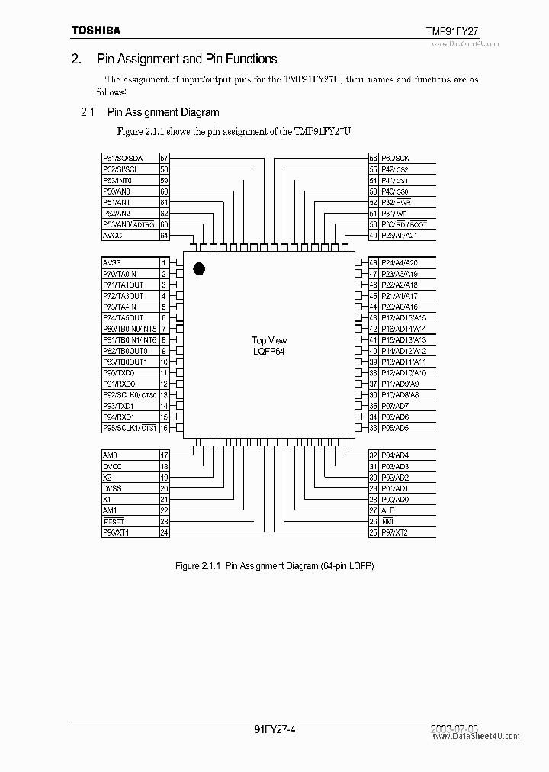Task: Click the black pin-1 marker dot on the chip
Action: pos(200,269)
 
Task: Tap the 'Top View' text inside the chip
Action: pos(269,340)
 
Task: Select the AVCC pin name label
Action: pos(112,236)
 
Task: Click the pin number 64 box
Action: pos(164,236)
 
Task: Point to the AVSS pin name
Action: pos(112,262)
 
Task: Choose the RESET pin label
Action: pos(113,521)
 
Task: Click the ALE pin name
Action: pos(387,510)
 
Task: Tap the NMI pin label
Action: pos(387,521)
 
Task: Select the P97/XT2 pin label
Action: pos(394,532)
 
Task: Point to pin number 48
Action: pos(373,262)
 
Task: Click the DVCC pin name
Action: pos(112,466)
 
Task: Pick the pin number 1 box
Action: pos(164,262)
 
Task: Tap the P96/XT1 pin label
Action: pos(115,532)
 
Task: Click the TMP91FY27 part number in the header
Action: pos(451,31)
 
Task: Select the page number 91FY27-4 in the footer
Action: pos(274,729)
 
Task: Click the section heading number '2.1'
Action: pos(87,112)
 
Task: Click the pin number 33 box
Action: pos(373,428)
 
